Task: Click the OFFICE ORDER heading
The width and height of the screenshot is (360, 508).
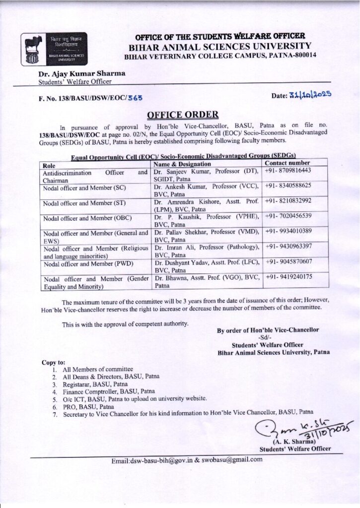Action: click(x=182, y=115)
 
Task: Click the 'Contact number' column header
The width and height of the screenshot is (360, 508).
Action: click(x=288, y=163)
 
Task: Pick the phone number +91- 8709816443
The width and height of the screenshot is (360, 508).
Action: click(x=288, y=170)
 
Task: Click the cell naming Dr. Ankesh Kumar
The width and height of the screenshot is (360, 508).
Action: click(x=207, y=190)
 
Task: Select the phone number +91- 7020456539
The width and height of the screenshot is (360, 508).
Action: click(x=288, y=216)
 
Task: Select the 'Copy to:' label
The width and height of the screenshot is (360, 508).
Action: click(x=54, y=362)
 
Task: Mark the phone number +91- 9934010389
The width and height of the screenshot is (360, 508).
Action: click(x=288, y=231)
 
